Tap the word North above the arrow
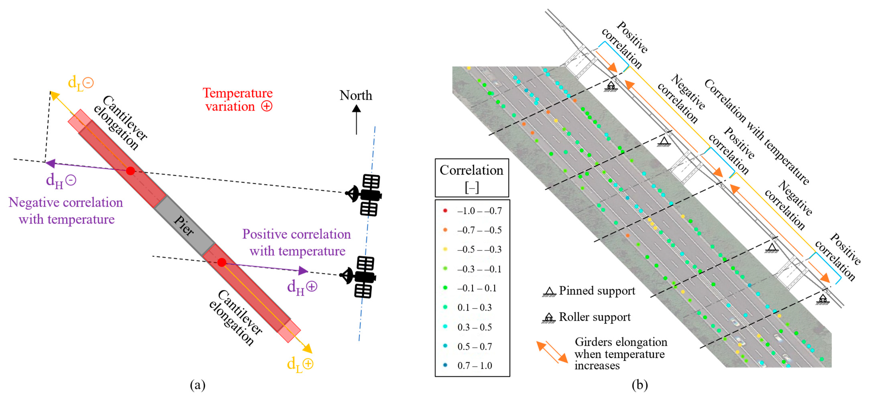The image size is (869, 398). pos(356,96)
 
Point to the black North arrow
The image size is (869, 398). pos(356,120)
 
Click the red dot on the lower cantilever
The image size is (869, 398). pos(222,262)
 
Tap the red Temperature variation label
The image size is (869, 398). pos(238,100)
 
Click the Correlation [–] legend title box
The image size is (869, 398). pos(472,178)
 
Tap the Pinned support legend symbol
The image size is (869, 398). pos(549,292)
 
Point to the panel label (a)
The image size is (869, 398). pos(198,385)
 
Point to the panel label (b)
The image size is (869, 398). pos(640,385)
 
